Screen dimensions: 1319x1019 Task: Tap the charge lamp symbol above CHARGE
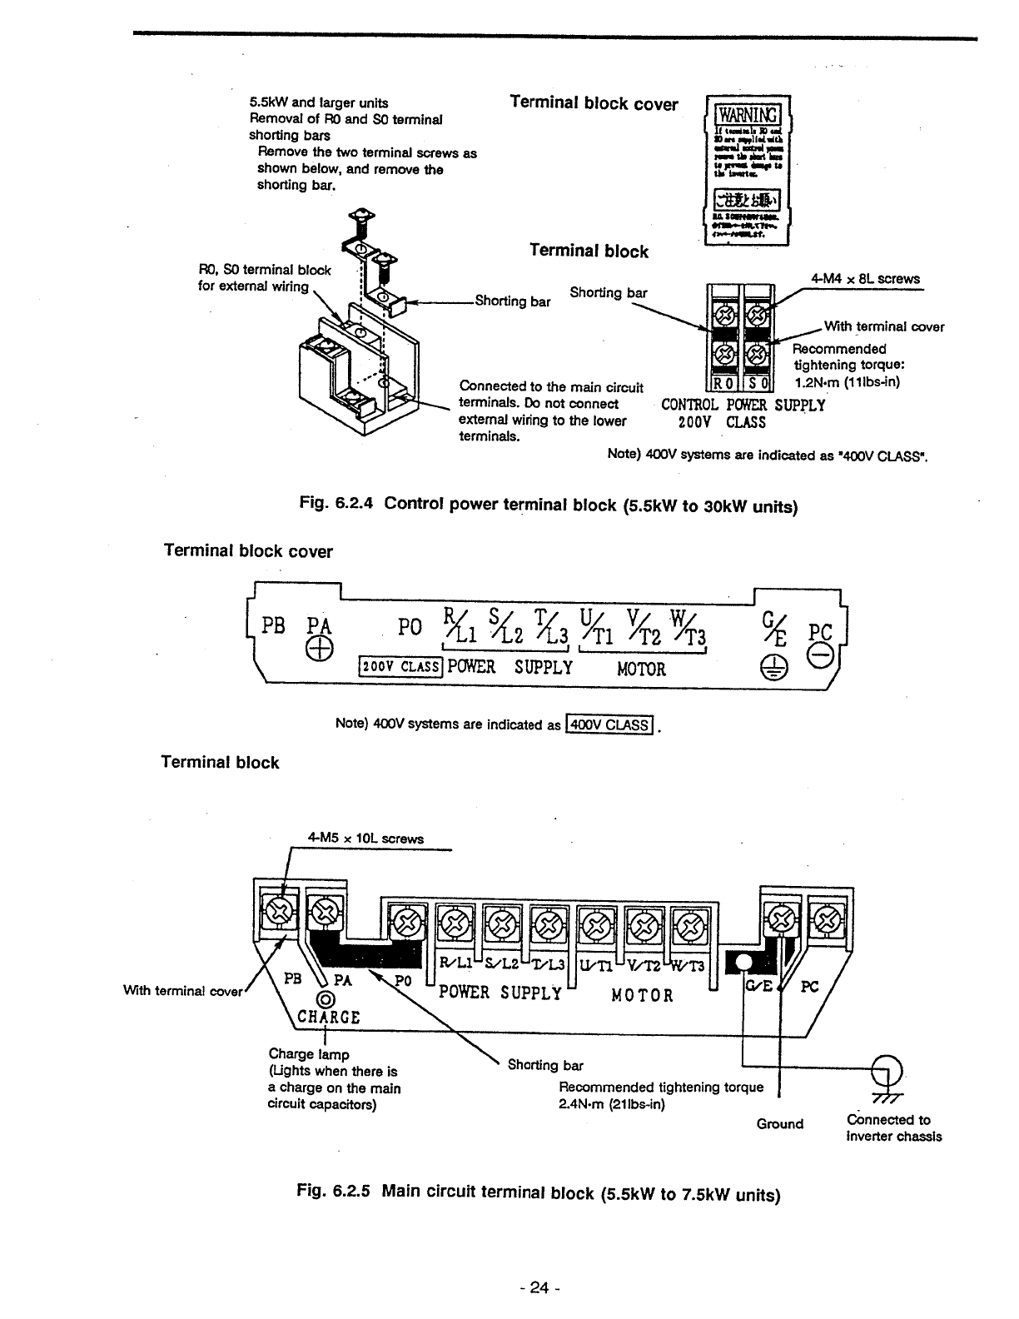[326, 1000]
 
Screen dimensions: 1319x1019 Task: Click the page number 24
[539, 1288]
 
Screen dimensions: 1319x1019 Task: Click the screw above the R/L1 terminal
[454, 923]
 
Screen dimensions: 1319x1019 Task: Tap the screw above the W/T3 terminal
[690, 923]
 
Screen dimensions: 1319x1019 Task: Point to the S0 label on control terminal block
[758, 384]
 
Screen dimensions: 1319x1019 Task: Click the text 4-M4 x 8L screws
[865, 279]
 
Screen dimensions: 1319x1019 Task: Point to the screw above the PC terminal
[826, 919]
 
